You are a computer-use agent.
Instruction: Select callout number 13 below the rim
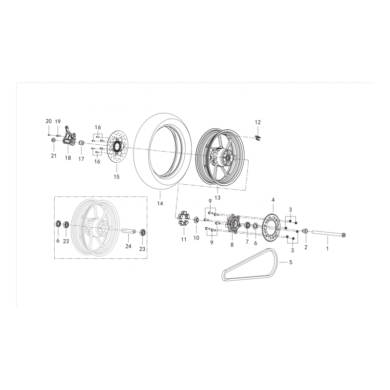point(217,198)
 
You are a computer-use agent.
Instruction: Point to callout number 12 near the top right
point(258,122)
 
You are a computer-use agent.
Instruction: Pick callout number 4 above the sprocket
point(273,200)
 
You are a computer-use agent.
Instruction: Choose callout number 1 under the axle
point(328,248)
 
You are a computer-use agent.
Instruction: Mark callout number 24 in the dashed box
point(128,247)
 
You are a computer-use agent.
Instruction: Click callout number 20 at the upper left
point(48,121)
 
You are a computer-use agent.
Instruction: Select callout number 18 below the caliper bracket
point(68,158)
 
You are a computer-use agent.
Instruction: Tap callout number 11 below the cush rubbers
point(184,239)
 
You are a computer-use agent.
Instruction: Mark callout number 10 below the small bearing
point(196,238)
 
